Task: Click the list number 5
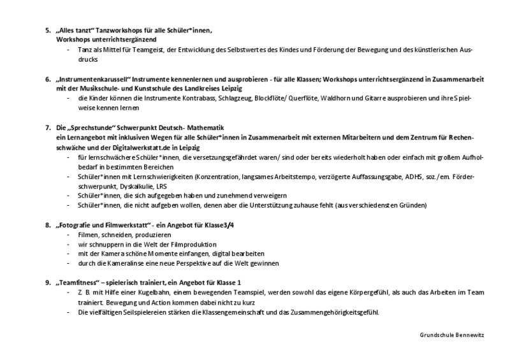[x=47, y=30]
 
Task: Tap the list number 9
[x=47, y=282]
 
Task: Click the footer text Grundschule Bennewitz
[x=452, y=335]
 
